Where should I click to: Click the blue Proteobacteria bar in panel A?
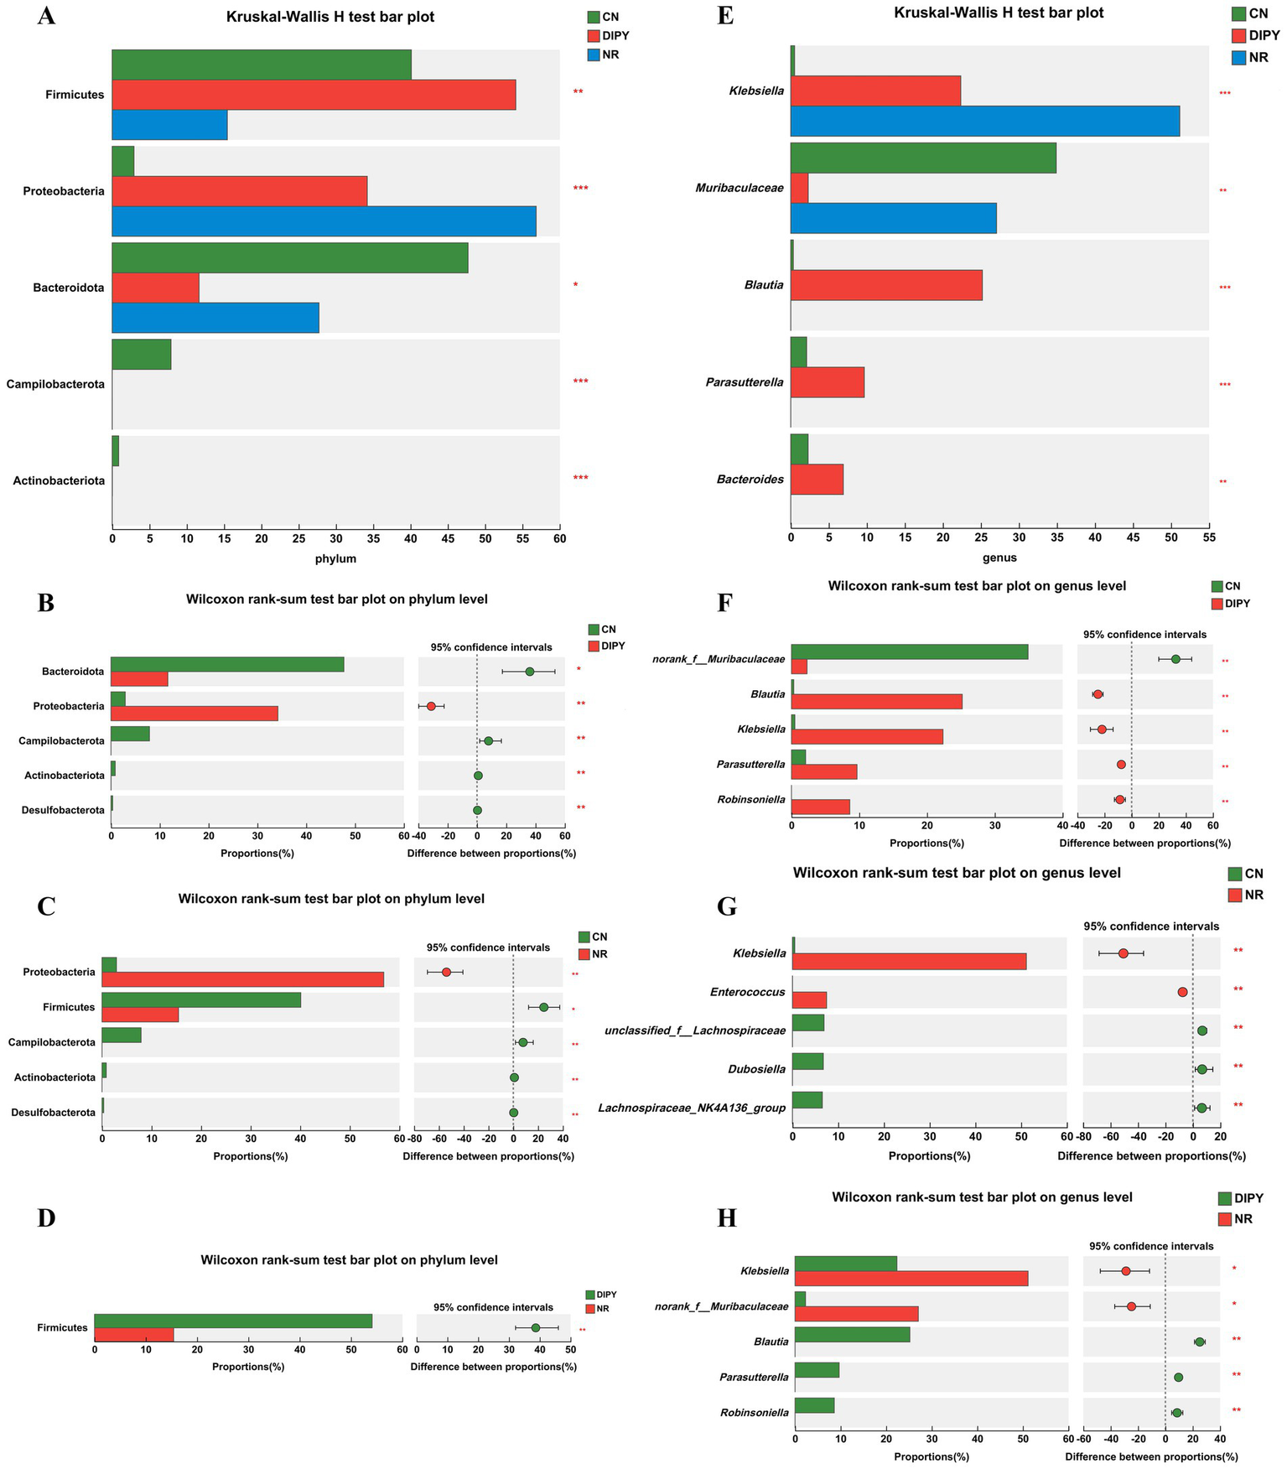[x=324, y=221]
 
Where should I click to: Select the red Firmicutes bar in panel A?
[x=314, y=95]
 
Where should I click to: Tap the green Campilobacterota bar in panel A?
[x=141, y=354]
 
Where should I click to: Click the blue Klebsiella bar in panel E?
[x=984, y=121]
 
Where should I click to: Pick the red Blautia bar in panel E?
[x=885, y=285]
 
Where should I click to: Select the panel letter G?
[x=727, y=907]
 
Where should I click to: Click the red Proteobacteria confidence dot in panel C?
[x=446, y=972]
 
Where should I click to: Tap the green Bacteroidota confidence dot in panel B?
[x=529, y=672]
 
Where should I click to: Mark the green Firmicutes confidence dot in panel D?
[x=536, y=1327]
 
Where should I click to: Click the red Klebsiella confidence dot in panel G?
[x=1124, y=953]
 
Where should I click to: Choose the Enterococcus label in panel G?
[x=748, y=992]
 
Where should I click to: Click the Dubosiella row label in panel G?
[x=757, y=1069]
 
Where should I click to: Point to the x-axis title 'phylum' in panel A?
[x=335, y=558]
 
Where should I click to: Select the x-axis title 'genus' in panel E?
[x=999, y=558]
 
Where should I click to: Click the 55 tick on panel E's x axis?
[x=1208, y=537]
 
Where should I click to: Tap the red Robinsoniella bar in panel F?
[x=820, y=807]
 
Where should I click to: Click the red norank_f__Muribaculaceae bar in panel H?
[x=856, y=1314]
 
